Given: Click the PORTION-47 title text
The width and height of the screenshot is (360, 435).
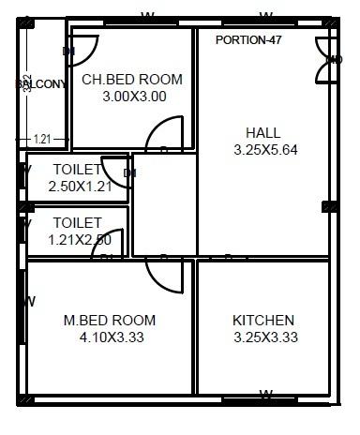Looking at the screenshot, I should pos(248,40).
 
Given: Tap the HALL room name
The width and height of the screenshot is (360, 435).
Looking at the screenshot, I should pos(262,132).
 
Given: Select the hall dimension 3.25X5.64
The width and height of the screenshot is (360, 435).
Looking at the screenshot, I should pos(265,150).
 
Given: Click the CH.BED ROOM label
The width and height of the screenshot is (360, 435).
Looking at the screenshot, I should pos(132,80).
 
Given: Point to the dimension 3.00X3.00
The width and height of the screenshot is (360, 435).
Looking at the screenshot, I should pos(134,97).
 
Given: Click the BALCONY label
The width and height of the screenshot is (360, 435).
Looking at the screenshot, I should pos(41,84).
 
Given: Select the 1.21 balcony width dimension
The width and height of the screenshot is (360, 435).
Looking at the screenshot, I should pos(42,140).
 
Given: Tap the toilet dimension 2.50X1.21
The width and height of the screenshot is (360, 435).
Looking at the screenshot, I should pos(79,187).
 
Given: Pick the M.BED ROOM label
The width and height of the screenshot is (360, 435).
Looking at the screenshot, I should pos(110,321).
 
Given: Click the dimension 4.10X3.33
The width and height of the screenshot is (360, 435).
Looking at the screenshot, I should pos(110,337).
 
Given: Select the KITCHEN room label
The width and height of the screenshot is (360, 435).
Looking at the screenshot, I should pos(263,321).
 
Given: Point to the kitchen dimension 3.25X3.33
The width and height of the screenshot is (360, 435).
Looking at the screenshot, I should pos(265,337).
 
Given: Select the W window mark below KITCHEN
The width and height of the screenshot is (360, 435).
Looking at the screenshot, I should pos(265,394).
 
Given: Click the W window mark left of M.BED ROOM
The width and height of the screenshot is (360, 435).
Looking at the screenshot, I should pos(29,302).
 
